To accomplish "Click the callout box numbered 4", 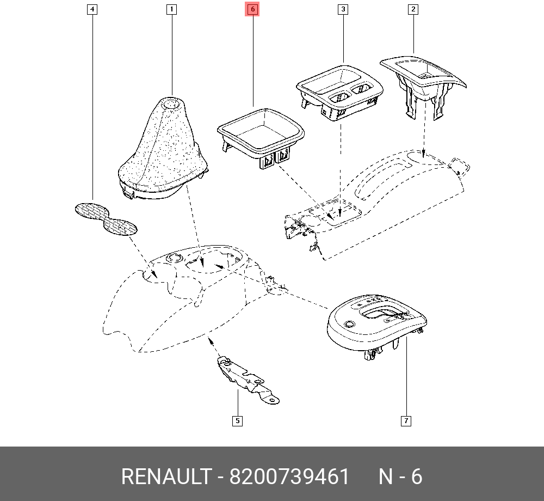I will pyautogui.click(x=93, y=9).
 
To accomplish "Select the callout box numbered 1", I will pyautogui.click(x=171, y=9).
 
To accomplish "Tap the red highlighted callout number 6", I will pyautogui.click(x=252, y=9).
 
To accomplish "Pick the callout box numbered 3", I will pyautogui.click(x=343, y=9).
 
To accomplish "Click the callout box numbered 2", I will pyautogui.click(x=413, y=9).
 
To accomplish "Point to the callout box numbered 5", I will pyautogui.click(x=237, y=420).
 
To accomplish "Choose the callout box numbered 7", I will pyautogui.click(x=406, y=420).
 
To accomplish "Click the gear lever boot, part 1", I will pyautogui.click(x=160, y=152).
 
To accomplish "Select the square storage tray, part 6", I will pyautogui.click(x=261, y=133).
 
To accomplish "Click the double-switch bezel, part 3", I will pyautogui.click(x=340, y=90).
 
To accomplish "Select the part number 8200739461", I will pyautogui.click(x=289, y=477).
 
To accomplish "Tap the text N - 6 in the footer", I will pyautogui.click(x=400, y=477).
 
